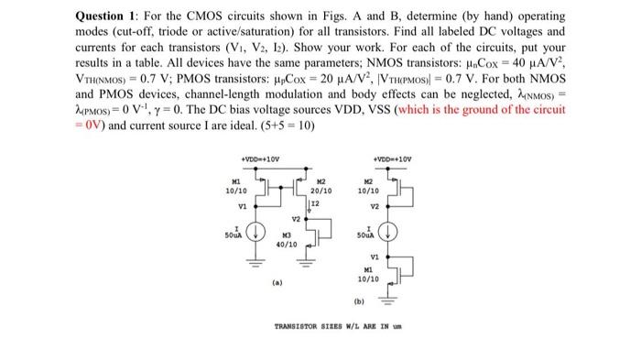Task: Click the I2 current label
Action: coord(315,202)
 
